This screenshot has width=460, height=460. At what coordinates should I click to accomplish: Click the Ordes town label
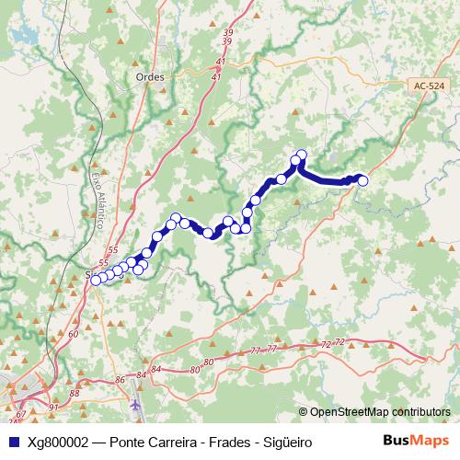(x=149, y=77)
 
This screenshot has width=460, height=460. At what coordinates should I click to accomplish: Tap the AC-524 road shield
(x=427, y=85)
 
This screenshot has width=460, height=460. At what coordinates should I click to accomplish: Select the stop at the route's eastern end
(x=362, y=180)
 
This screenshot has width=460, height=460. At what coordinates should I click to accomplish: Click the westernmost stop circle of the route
(x=95, y=280)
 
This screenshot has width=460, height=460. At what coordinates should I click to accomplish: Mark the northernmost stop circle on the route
(x=301, y=155)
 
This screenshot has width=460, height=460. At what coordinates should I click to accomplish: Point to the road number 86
(x=120, y=380)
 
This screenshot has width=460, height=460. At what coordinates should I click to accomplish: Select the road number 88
(x=75, y=393)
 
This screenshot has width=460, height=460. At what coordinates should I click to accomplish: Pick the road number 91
(x=54, y=407)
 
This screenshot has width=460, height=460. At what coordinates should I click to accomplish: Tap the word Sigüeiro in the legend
(x=285, y=443)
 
